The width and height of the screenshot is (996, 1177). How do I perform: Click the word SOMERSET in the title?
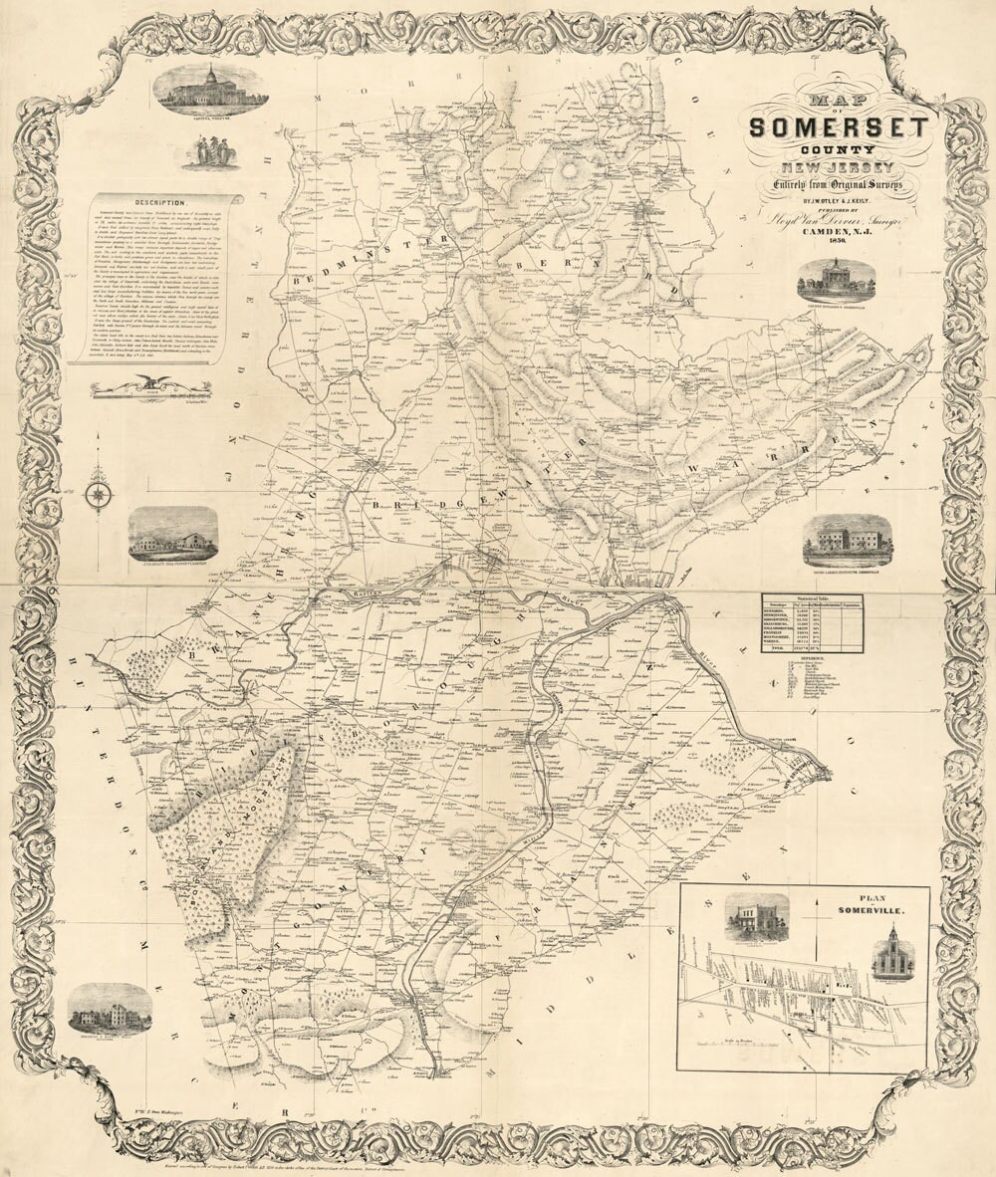(839, 127)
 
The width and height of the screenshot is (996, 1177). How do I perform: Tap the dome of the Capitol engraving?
(210, 75)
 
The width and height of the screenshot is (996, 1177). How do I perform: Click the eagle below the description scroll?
(151, 381)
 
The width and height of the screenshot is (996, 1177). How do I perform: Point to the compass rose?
(98, 495)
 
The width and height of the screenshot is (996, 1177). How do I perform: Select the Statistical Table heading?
(812, 597)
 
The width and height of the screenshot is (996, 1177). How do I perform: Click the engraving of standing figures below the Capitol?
(210, 151)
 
